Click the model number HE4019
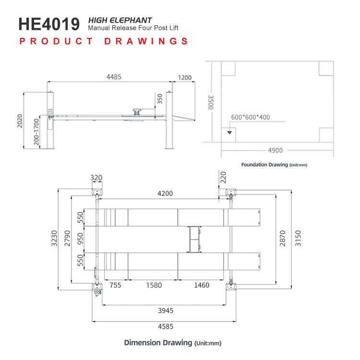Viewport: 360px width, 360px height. point(49,24)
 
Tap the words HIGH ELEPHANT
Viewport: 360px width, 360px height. point(120,20)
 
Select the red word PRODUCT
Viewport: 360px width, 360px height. point(56,41)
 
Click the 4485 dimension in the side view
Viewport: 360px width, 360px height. point(114,77)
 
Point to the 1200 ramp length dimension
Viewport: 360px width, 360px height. point(185,78)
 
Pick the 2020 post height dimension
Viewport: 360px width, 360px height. point(20,121)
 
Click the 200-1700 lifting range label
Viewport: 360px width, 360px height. point(36,132)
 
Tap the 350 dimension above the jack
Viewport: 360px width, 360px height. point(159,99)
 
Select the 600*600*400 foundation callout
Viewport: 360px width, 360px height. point(251,117)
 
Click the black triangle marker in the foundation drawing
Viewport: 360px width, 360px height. point(229,132)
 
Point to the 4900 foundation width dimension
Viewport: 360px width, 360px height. point(276,150)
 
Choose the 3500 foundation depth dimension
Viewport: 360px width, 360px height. point(211,102)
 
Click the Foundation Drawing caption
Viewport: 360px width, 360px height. point(274,165)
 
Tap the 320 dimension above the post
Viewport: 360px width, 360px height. point(96,178)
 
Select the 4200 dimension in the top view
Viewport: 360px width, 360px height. point(165,193)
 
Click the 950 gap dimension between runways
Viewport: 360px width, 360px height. point(80,239)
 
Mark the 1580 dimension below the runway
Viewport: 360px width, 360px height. point(154,285)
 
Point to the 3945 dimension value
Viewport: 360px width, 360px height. point(166,311)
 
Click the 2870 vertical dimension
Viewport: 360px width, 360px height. point(283,238)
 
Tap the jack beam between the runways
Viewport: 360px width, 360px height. point(194,239)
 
